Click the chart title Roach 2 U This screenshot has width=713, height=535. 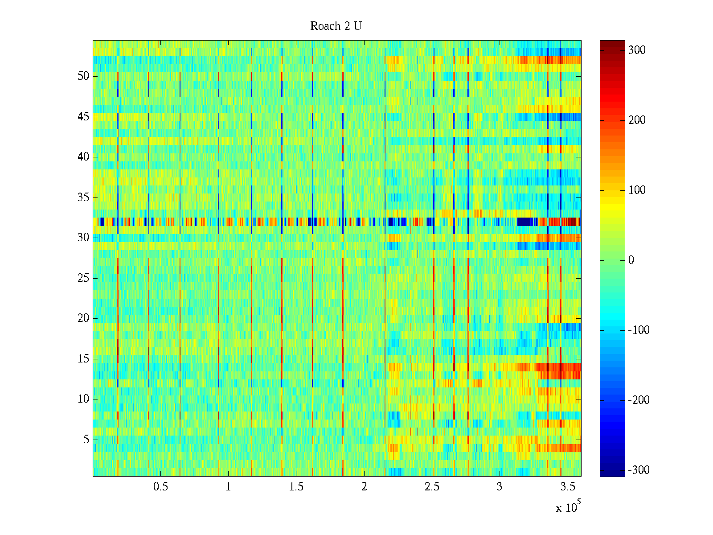click(x=336, y=26)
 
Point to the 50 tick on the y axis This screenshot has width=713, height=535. click(x=83, y=76)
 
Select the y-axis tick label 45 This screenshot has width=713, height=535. click(x=83, y=117)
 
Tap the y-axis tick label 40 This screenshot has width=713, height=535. click(x=83, y=157)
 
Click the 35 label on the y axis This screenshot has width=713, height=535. click(x=83, y=198)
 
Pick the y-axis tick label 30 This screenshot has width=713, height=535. click(x=83, y=238)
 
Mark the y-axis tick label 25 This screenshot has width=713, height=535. click(x=83, y=278)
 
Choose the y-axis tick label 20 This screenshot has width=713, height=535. click(x=83, y=318)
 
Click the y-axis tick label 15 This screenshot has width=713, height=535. click(x=83, y=359)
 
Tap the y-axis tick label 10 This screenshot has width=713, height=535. click(x=83, y=399)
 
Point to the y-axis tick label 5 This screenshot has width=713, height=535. click(x=86, y=440)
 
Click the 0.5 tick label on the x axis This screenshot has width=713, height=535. click(x=160, y=487)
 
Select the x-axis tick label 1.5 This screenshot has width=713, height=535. click(x=296, y=487)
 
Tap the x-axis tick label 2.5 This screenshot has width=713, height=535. click(x=432, y=487)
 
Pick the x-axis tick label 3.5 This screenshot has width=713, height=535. click(x=567, y=487)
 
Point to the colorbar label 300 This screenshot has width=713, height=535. click(x=637, y=50)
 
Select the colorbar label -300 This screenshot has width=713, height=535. click(x=639, y=470)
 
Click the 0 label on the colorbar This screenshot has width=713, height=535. click(x=631, y=260)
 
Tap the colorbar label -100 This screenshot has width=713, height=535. click(x=639, y=330)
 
